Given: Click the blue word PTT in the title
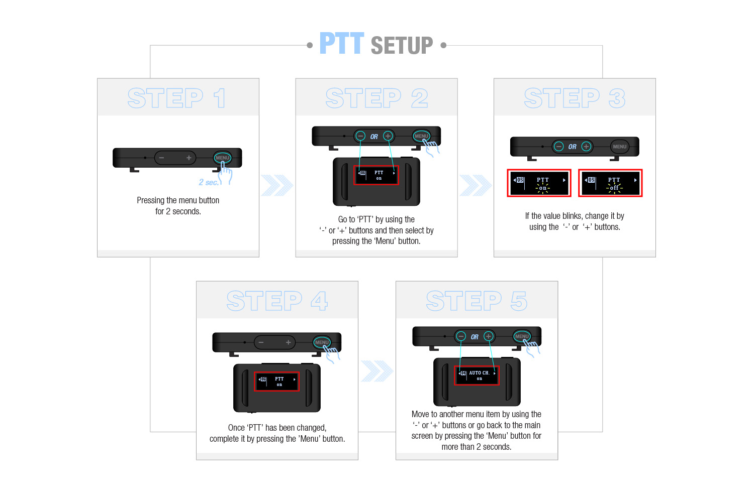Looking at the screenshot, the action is (x=342, y=43).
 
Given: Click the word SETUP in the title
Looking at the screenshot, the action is (x=402, y=45).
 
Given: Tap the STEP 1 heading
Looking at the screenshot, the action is (x=177, y=98).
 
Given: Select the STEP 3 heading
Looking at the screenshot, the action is (x=575, y=98).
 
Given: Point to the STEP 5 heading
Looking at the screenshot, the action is (x=477, y=301).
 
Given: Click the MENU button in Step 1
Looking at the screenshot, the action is (x=223, y=157).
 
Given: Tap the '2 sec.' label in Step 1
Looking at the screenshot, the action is (x=209, y=182).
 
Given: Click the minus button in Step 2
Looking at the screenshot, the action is (x=360, y=136).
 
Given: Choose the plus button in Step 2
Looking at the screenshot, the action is (x=388, y=136).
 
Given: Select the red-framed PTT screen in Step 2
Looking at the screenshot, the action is (x=376, y=175).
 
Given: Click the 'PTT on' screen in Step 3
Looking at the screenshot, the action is (x=539, y=183).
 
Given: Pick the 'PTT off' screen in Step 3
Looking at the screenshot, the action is (x=610, y=183).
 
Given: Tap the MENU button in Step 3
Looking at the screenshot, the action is (x=619, y=147).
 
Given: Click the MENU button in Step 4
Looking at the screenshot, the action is (x=322, y=342).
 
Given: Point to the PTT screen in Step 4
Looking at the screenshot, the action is (x=276, y=382).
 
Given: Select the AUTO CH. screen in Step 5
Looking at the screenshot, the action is (x=477, y=375).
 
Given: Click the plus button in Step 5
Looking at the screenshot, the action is (x=489, y=336).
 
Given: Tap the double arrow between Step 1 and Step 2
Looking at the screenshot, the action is (x=277, y=185).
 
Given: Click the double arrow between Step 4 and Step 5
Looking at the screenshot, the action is (x=377, y=371).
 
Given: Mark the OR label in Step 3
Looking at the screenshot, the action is (x=572, y=147).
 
